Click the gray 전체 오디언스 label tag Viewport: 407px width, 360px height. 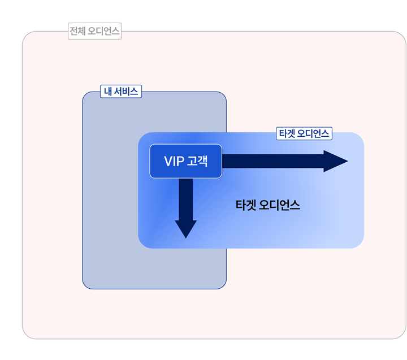94,31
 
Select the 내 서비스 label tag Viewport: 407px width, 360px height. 121,92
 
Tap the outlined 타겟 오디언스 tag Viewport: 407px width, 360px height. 304,133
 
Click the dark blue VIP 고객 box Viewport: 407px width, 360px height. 186,161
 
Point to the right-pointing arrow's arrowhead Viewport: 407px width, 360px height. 335,161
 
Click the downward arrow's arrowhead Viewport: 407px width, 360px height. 186,229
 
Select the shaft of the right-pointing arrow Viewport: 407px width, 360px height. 273,161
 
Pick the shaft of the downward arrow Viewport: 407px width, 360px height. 186,199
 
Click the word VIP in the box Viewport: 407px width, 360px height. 174,161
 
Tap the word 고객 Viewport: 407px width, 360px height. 197,161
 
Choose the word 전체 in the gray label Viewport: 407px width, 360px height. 77,31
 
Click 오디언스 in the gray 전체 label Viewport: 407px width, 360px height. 103,31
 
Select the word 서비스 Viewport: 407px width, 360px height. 126,92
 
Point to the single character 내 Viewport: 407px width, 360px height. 108,92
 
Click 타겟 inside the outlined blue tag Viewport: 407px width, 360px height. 287,133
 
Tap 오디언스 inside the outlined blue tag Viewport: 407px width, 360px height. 313,133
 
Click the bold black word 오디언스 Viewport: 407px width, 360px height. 280,205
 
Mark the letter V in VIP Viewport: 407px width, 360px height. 168,161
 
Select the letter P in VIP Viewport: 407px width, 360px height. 181,161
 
